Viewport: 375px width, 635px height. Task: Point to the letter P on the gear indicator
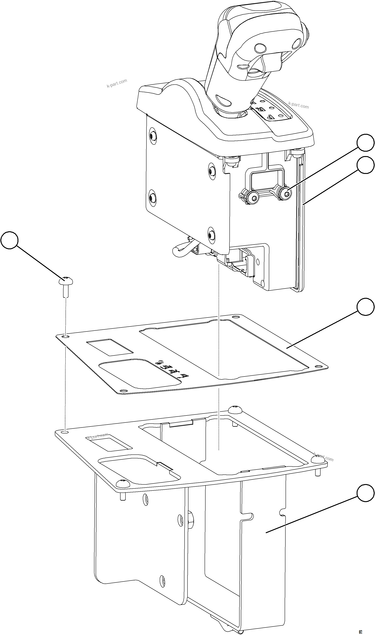tap(270, 117)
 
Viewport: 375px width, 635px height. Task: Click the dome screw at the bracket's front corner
tap(123, 483)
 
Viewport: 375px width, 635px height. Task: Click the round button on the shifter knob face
tap(260, 47)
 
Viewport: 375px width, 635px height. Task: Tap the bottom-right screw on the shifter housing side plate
tap(211, 235)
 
